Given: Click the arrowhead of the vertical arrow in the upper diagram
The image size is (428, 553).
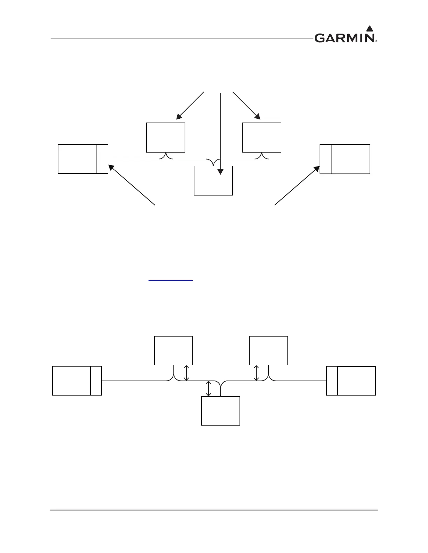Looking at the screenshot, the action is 220,171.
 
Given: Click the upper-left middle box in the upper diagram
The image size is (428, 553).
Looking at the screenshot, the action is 166,137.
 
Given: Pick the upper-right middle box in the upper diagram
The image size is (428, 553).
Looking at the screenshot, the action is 262,137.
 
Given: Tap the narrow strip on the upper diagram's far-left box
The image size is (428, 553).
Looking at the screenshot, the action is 102,159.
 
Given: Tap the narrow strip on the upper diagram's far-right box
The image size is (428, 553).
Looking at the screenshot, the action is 326,159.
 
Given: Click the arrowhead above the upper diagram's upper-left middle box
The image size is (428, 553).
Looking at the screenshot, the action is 179,117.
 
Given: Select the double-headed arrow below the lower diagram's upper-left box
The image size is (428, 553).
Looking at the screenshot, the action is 186,373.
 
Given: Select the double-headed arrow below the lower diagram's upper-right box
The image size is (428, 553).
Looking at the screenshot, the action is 256,373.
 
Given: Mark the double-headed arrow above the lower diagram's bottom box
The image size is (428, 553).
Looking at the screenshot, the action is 209,389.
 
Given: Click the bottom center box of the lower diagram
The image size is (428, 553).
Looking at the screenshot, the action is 221,411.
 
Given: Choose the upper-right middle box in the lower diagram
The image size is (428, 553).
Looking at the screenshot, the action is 269,350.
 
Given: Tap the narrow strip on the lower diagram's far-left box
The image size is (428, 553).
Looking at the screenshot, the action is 96,381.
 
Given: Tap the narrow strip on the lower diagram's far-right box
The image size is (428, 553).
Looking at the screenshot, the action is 332,381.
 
